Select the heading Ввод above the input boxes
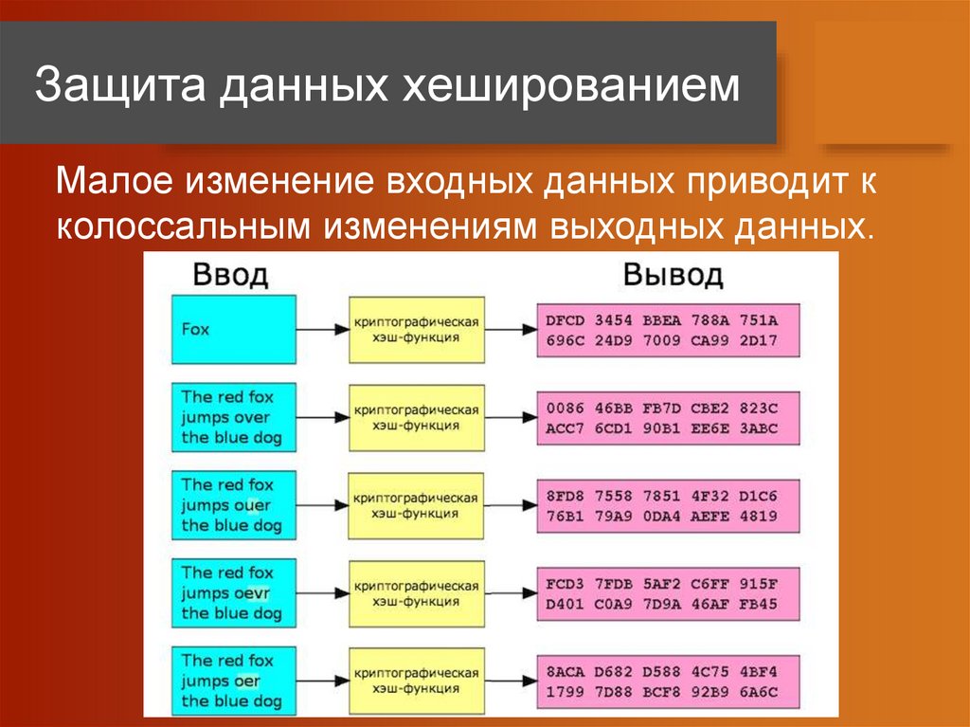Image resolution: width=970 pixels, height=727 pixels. point(230,276)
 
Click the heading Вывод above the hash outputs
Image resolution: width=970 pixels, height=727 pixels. point(673,276)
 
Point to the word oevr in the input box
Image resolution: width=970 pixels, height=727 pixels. point(253,592)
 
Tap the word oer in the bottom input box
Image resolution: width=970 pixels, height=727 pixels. point(248,681)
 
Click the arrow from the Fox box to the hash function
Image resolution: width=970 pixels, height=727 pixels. point(322,330)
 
